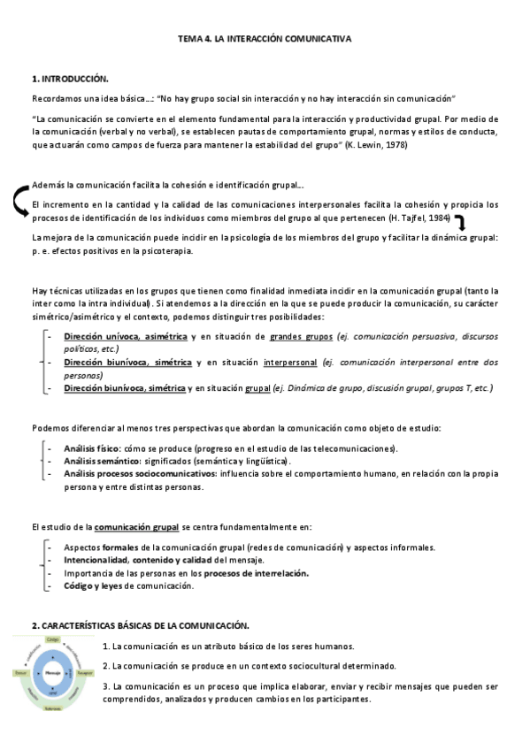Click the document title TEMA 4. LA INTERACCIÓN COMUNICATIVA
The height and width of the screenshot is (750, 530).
click(x=265, y=41)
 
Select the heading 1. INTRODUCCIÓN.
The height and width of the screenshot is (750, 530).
click(x=70, y=80)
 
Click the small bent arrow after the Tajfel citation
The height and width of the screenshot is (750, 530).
click(x=461, y=222)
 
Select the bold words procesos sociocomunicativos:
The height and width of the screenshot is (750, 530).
click(x=173, y=474)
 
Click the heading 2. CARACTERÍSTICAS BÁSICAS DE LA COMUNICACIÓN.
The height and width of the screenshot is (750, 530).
click(x=141, y=625)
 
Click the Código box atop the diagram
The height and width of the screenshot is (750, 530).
click(x=52, y=639)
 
